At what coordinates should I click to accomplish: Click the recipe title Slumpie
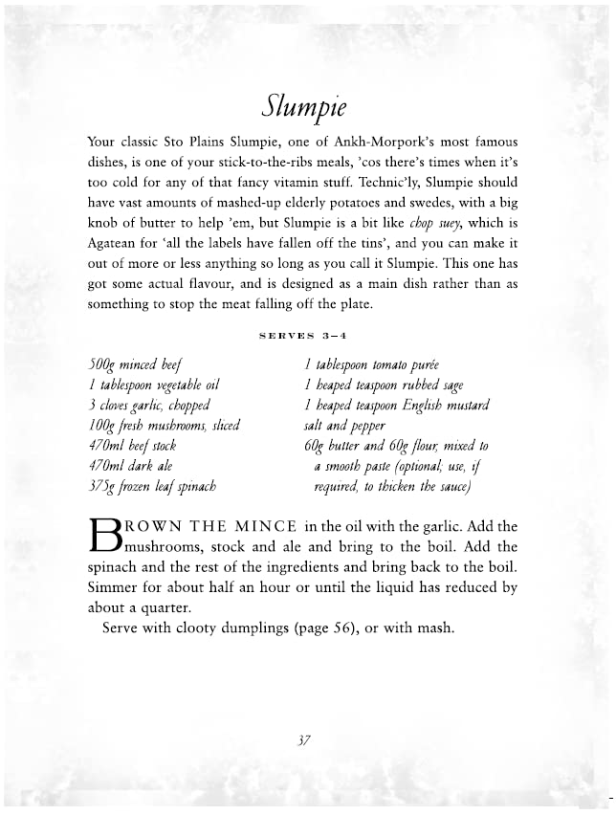[307, 102]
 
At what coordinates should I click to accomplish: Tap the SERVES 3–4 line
[307, 336]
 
